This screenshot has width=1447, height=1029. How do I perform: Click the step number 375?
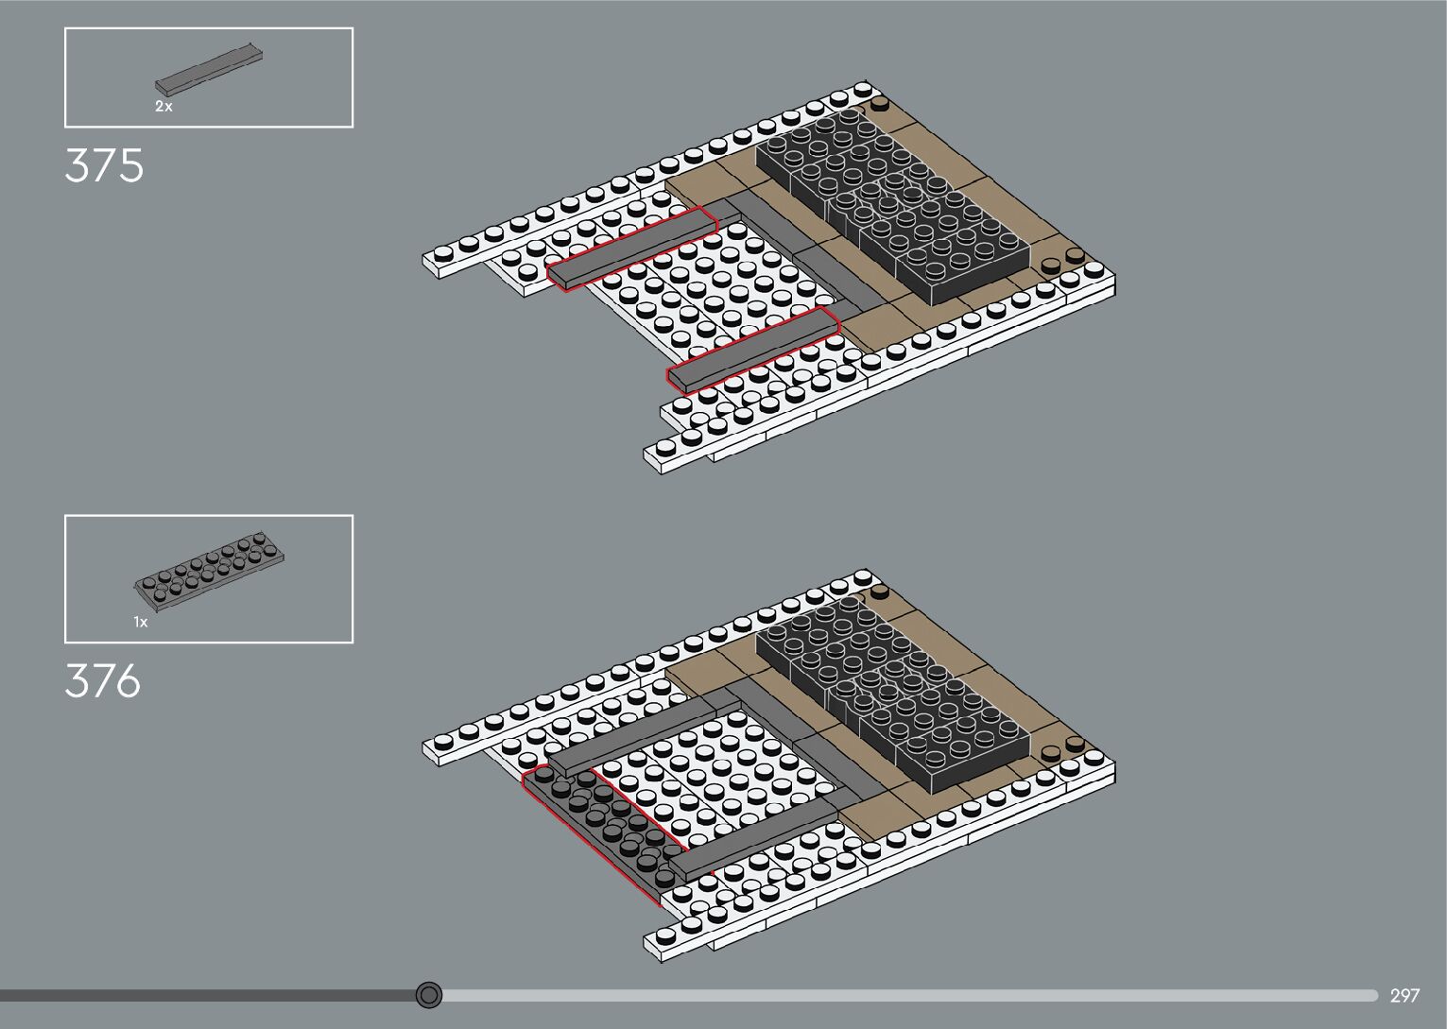(104, 165)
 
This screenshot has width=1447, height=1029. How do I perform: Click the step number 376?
(102, 680)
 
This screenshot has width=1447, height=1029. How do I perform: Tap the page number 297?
(1404, 995)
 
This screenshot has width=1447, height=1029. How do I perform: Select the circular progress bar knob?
(429, 994)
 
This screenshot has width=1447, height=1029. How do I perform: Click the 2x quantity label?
(164, 107)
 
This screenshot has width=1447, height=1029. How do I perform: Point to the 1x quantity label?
(141, 623)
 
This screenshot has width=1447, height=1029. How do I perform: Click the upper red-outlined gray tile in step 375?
(631, 248)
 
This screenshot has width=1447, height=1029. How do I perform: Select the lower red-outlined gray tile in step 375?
(753, 350)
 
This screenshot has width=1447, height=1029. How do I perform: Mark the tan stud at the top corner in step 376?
(880, 592)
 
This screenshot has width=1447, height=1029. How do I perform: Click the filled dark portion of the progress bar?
(208, 995)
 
